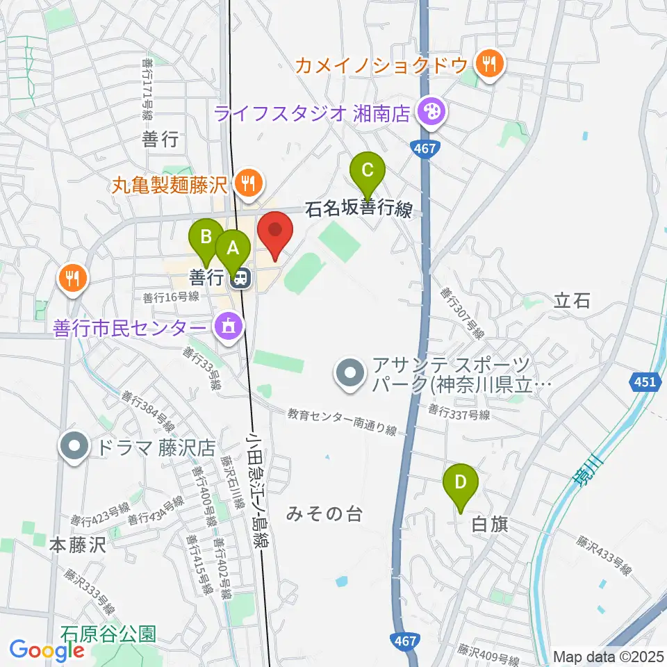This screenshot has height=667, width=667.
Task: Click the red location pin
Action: [x=275, y=232]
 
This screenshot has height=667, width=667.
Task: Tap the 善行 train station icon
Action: [x=239, y=278]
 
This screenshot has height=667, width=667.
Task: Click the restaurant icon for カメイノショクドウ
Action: [x=491, y=65]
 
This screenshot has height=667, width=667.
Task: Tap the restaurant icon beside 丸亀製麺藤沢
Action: [x=247, y=184]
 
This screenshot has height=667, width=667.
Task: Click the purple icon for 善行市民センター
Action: [x=227, y=324]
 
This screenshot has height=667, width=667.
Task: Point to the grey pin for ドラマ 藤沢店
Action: [x=74, y=446]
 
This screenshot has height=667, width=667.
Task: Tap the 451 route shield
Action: [x=644, y=381]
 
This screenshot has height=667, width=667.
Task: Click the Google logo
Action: [x=47, y=650]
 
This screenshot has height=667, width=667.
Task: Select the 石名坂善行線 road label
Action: [x=360, y=208]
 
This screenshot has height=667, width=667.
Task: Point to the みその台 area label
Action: [x=324, y=514]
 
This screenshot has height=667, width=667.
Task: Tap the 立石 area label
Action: [x=573, y=300]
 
